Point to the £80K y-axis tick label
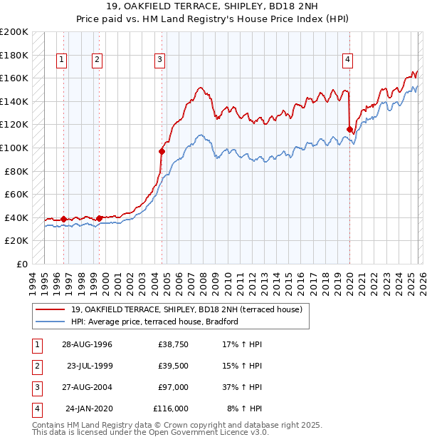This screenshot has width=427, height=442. click(16, 171)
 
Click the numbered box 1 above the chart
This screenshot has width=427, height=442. click(63, 61)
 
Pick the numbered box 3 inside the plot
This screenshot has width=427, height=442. click(160, 61)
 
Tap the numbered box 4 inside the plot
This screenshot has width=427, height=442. click(348, 61)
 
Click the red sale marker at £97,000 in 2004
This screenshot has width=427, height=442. click(162, 151)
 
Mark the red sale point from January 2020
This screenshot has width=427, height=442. click(349, 129)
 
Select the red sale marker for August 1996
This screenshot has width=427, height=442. click(64, 219)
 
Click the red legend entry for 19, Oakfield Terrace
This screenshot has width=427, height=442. click(186, 309)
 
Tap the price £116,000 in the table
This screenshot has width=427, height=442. click(170, 408)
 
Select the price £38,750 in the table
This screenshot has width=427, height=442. click(173, 345)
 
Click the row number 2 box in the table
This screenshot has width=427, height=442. click(36, 366)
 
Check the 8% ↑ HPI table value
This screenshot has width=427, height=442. click(245, 408)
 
